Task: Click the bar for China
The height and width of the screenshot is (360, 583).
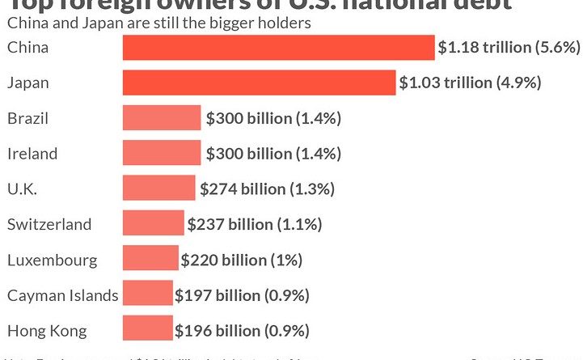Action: pyautogui.click(x=278, y=48)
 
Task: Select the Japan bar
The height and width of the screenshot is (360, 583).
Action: pyautogui.click(x=259, y=83)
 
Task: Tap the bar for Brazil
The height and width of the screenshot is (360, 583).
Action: pyautogui.click(x=161, y=118)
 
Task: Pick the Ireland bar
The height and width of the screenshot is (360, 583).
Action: pyautogui.click(x=161, y=153)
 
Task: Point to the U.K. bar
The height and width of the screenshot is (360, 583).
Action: pyautogui.click(x=158, y=188)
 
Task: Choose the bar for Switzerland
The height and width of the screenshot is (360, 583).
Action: pyautogui.click(x=154, y=224)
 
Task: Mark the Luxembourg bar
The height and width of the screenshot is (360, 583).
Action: pyautogui.click(x=150, y=260)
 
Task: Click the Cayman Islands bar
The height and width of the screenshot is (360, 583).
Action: pyautogui.click(x=147, y=295)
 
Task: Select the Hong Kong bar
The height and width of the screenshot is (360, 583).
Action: pyautogui.click(x=147, y=330)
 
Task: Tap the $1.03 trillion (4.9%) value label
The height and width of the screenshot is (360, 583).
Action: pyautogui.click(x=469, y=83)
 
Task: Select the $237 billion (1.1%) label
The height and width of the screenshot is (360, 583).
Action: pyautogui.click(x=255, y=224)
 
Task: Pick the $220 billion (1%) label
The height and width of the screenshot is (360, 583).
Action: pyautogui.click(x=242, y=260)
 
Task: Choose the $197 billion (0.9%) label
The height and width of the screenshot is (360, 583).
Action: pyautogui.click(x=242, y=295)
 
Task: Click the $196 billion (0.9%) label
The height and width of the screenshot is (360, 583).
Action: pyautogui.click(x=242, y=330)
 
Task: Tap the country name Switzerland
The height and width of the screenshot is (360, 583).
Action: pyautogui.click(x=49, y=224)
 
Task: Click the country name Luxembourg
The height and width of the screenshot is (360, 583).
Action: pyautogui.click(x=52, y=260)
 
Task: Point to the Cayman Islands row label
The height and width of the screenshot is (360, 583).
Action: pyautogui.click(x=62, y=295)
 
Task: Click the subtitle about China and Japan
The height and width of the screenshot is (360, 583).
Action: pyautogui.click(x=158, y=23)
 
